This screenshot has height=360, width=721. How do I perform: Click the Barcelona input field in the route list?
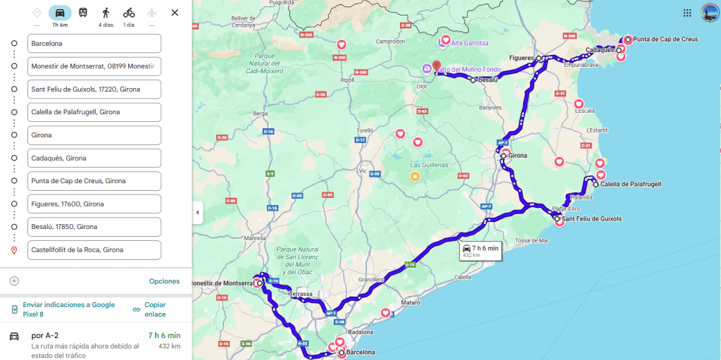pos(94,44)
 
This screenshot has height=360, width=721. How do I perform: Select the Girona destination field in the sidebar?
pos(94,135)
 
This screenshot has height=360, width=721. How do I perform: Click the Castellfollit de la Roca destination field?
pos(94,249)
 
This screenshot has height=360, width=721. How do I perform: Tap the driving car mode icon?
pos(60,13)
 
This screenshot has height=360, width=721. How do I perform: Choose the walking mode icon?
pos(106,13)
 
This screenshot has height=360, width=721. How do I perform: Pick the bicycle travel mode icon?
pos(129,13)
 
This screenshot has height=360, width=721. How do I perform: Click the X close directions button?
pos(175,13)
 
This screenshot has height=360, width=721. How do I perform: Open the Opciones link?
pos(164,281)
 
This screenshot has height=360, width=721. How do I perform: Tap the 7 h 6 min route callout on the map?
pos(480,251)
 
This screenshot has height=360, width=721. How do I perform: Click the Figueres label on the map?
pos(522,58)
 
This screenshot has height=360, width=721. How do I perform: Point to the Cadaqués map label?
pos(599,50)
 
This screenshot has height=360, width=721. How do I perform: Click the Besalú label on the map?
pos(487,80)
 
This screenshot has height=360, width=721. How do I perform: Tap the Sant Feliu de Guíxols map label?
pos(591,219)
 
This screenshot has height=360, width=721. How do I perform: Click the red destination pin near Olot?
pos(436,66)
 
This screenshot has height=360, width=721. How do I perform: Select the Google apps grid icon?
pos(687,13)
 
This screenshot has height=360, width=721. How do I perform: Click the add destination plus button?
pos(14,281)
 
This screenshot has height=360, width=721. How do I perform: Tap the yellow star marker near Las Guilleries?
pos(415,176)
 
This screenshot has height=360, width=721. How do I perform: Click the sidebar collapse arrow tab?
pos(197,212)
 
